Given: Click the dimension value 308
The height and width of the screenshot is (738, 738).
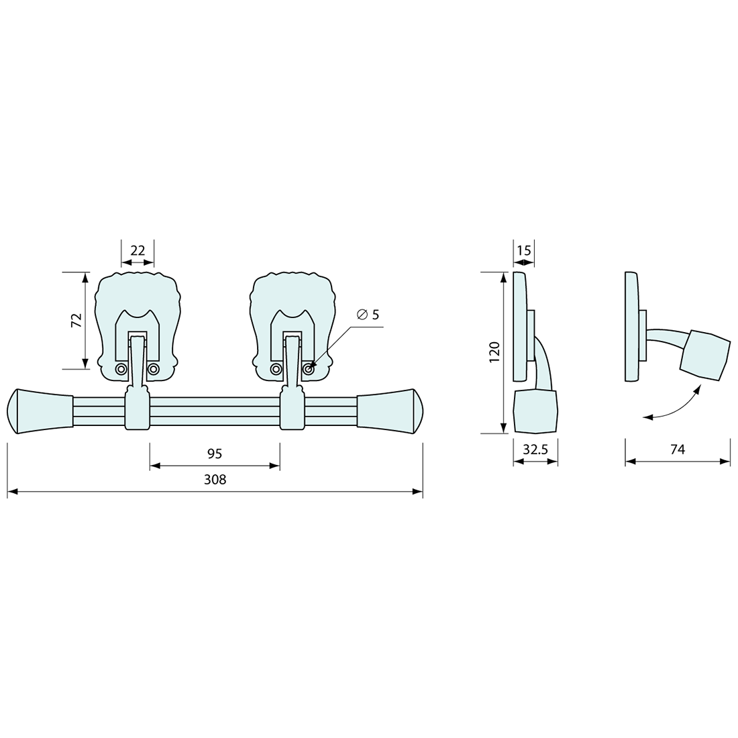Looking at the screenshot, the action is coord(215,480).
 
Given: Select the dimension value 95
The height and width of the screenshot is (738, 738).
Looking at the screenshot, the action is coord(215,454).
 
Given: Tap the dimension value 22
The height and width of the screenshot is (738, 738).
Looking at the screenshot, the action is coord(138,250).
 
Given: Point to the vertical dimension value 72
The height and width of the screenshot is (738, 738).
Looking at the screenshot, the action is coord(76,320).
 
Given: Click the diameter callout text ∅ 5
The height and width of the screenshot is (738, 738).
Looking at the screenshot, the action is coord(368,315).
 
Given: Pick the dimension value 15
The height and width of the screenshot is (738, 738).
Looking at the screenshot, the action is coord(524,250).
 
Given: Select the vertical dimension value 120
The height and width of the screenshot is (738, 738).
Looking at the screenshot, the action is coord(494,352).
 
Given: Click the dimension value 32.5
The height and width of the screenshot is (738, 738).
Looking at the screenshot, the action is coord(535,450).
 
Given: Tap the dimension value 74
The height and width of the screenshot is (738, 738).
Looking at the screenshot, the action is coord(678,450).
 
